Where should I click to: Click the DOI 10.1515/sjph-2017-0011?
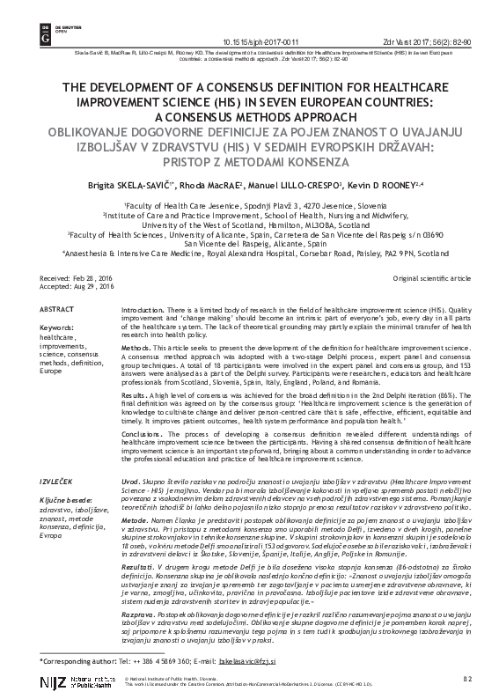point(261,17)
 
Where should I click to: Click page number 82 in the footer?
point(467,680)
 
